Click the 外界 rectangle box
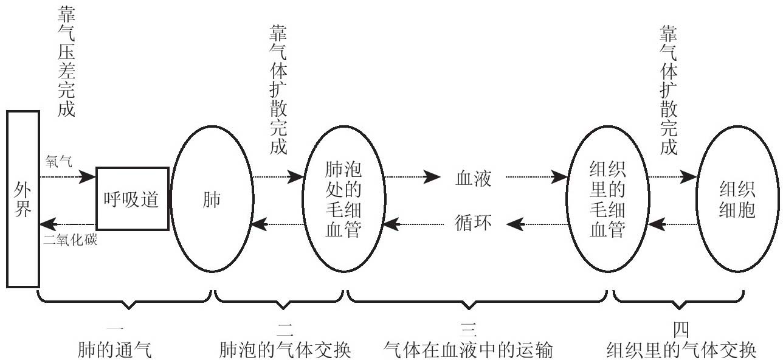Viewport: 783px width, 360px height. [x=22, y=199]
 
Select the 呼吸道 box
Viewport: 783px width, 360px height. [x=132, y=199]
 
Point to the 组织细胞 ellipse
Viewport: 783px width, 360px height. [x=737, y=199]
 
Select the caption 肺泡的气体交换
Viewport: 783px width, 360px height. [x=286, y=350]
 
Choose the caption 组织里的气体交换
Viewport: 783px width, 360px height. [x=681, y=350]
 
